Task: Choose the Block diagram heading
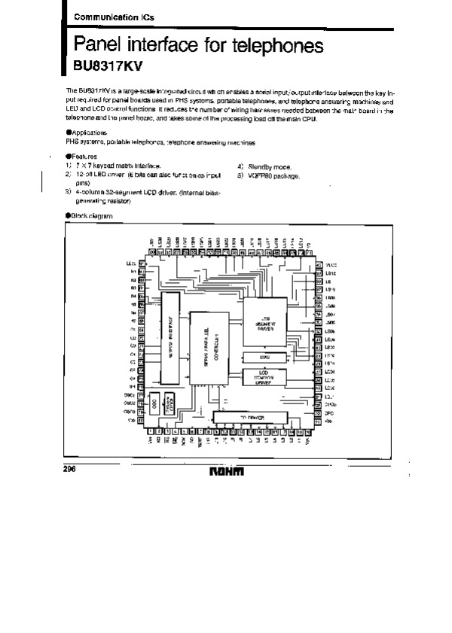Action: (x=90, y=216)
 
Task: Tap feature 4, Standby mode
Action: (x=267, y=166)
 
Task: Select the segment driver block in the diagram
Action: (x=264, y=324)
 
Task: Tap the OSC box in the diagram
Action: (x=154, y=403)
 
